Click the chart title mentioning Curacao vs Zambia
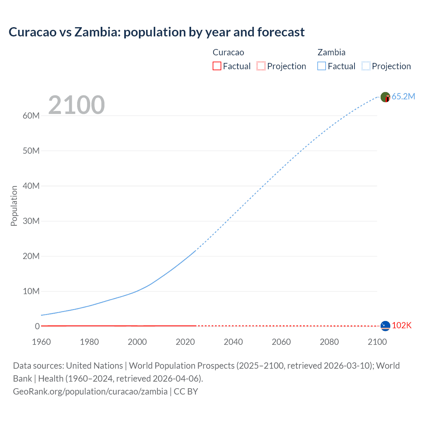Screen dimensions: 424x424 pyautogui.click(x=156, y=32)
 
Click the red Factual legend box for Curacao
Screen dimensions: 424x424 pyautogui.click(x=217, y=66)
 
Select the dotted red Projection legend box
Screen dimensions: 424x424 pyautogui.click(x=261, y=66)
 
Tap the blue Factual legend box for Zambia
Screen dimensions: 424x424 pyautogui.click(x=322, y=66)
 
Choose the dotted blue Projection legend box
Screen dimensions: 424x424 pyautogui.click(x=366, y=66)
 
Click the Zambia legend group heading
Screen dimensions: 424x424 pyautogui.click(x=331, y=52)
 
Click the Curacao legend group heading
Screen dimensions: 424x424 pyautogui.click(x=228, y=52)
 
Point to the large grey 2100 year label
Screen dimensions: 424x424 pyautogui.click(x=76, y=105)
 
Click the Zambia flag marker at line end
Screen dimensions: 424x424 pyautogui.click(x=385, y=97)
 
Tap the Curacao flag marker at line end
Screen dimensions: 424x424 pyautogui.click(x=385, y=326)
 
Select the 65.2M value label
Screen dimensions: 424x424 pyautogui.click(x=403, y=96)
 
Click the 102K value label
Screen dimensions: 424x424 pyautogui.click(x=401, y=326)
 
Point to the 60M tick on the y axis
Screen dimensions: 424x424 pyautogui.click(x=31, y=116)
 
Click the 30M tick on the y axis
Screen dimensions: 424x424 pyautogui.click(x=31, y=221)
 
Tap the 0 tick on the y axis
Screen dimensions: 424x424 pyautogui.click(x=37, y=326)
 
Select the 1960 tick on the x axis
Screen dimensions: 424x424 pyautogui.click(x=41, y=342)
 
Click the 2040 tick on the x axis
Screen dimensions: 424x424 pyautogui.click(x=233, y=342)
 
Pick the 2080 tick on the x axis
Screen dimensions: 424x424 pyautogui.click(x=329, y=342)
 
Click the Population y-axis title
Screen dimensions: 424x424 pyautogui.click(x=14, y=206)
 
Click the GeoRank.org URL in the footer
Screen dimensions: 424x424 pyautogui.click(x=90, y=392)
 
